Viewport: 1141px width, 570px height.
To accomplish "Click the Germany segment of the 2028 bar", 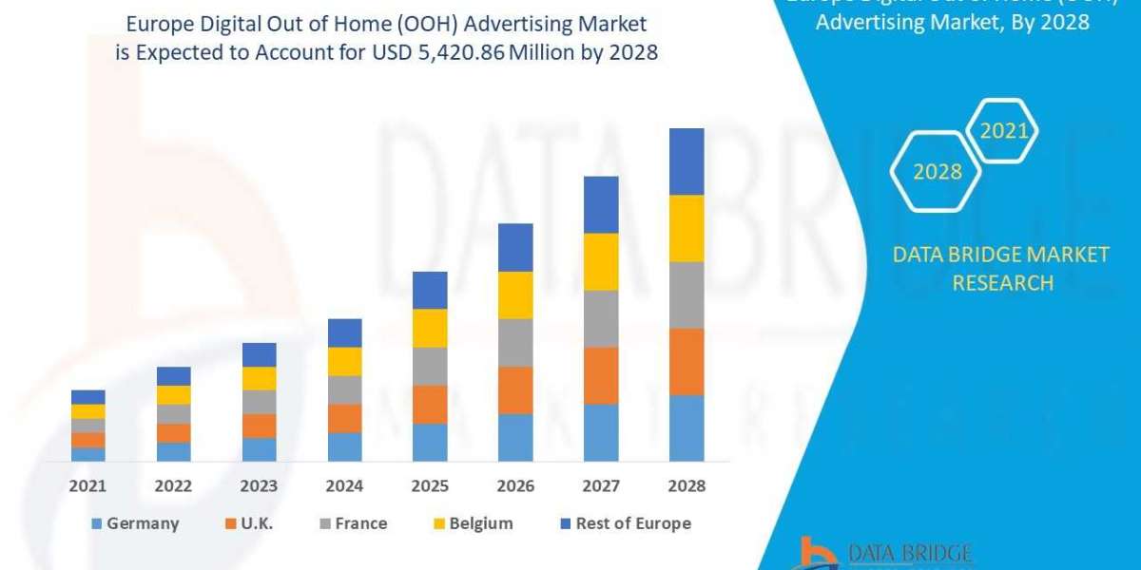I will click(x=687, y=427).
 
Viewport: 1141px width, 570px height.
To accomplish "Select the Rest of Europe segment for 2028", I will click(x=687, y=161).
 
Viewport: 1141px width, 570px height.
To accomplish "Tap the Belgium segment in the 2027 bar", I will click(x=601, y=261).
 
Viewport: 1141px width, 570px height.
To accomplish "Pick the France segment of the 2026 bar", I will click(x=515, y=342).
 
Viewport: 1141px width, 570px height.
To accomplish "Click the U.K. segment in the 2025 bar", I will click(x=430, y=404).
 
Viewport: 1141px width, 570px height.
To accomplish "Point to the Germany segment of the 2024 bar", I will click(x=345, y=446).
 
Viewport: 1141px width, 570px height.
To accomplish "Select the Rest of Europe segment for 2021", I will click(x=88, y=397).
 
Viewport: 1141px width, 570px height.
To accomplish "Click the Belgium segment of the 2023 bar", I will click(x=260, y=378).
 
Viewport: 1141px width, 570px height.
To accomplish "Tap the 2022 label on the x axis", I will click(x=173, y=486).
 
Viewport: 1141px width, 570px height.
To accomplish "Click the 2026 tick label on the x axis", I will click(x=515, y=486).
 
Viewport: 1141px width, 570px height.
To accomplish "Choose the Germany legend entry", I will click(x=134, y=523).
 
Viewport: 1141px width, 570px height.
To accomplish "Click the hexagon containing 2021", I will click(x=1003, y=131).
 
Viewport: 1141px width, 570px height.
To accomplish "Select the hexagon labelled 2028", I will click(x=937, y=172).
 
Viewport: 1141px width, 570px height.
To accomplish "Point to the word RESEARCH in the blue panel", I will click(x=1002, y=283).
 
